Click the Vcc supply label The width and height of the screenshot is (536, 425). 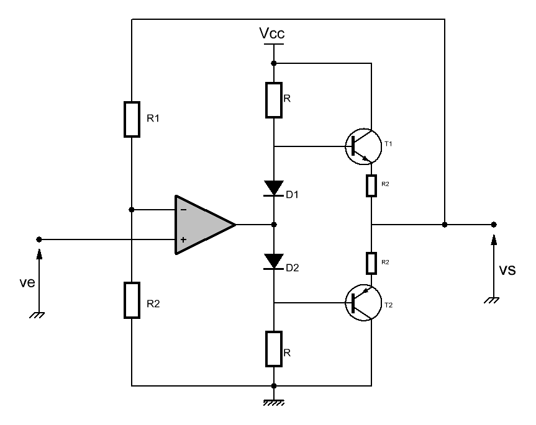(272, 33)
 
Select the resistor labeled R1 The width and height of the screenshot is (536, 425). (132, 119)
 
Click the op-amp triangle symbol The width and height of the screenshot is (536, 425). (205, 225)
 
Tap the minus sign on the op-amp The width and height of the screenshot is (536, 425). (184, 210)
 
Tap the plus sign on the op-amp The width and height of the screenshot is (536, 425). (184, 239)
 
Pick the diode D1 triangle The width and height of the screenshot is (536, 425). (274, 189)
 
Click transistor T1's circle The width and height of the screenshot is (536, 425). (363, 146)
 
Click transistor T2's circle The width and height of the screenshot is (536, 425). (363, 303)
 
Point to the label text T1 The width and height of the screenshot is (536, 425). (388, 144)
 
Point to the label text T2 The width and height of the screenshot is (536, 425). (389, 305)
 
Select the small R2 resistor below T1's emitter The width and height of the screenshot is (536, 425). (371, 186)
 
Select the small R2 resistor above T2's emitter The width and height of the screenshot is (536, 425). (371, 263)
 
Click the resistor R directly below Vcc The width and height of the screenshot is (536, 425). (274, 100)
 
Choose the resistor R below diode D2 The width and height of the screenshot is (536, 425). (274, 349)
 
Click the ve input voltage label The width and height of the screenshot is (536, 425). (27, 282)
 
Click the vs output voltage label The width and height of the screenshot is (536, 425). (507, 270)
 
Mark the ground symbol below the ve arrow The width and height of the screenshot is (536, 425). (37, 315)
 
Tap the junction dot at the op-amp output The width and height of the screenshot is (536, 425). (274, 225)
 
